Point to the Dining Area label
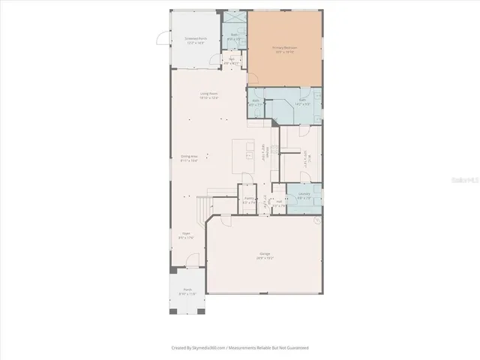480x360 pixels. click(x=189, y=157)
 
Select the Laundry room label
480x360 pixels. click(x=304, y=196)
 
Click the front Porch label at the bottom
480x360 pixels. click(x=186, y=292)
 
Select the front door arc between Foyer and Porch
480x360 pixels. click(x=193, y=259)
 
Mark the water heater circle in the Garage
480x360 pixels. click(x=316, y=221)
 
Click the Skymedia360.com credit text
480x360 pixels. click(x=239, y=348)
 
